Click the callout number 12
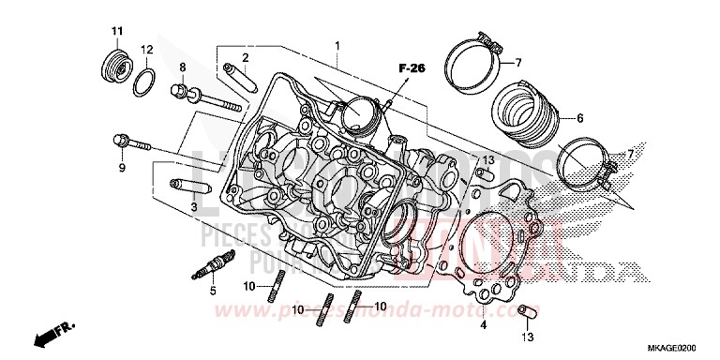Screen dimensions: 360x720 coord(147,49)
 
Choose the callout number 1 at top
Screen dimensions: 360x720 coord(338,45)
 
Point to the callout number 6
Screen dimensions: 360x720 coord(580,118)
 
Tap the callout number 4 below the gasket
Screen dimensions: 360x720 coord(484,326)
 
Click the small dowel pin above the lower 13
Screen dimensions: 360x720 coord(527,311)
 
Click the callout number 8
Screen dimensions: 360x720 coord(183,67)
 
